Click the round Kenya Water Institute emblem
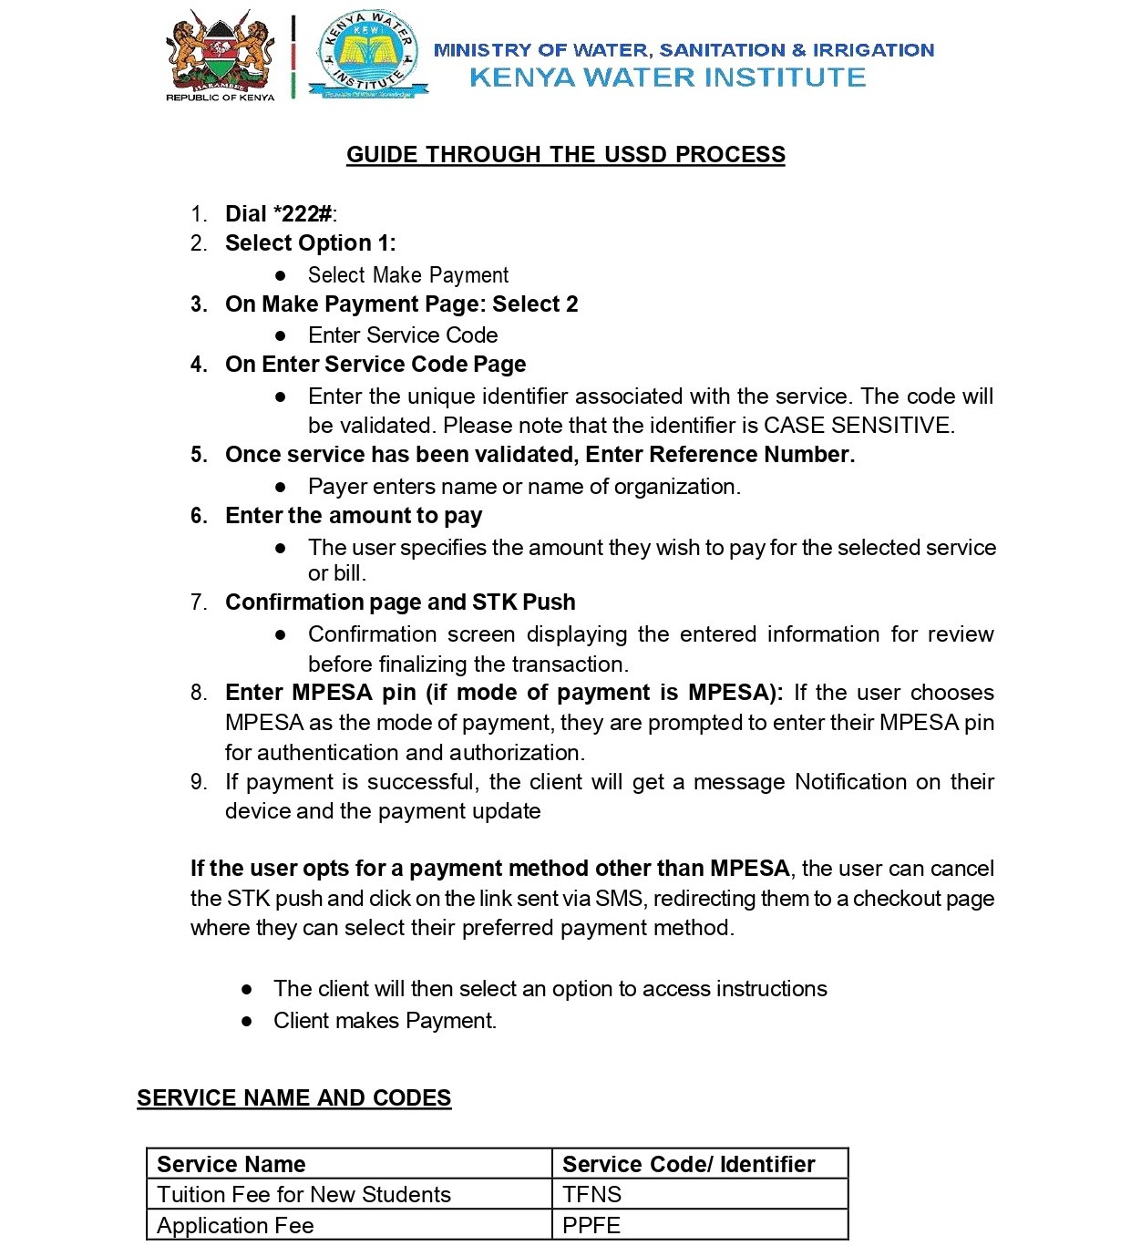(368, 55)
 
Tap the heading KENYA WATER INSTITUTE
(667, 77)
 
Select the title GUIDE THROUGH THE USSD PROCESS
(565, 155)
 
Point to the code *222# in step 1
(303, 214)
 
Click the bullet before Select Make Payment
(281, 275)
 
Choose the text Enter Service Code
(403, 335)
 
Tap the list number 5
(199, 455)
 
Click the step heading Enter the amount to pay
(354, 516)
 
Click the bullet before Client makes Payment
(246, 1022)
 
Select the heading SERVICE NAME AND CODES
(293, 1098)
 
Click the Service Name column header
(231, 1165)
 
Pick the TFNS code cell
(592, 1195)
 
